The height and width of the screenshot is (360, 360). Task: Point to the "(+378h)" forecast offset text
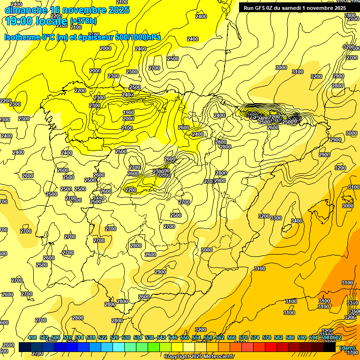coord(84,21)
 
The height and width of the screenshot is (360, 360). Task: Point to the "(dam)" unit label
coord(347,348)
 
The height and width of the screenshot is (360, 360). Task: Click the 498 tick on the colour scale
coord(32,337)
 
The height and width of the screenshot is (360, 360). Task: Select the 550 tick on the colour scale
coord(184,337)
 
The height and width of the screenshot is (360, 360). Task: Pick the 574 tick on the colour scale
coord(255,337)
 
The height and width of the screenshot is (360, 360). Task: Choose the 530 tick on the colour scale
coord(126,337)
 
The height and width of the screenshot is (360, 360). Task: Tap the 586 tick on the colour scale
coord(290,337)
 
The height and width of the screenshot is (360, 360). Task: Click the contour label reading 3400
coord(296,221)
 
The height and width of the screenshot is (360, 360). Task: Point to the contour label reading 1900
coord(128,112)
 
